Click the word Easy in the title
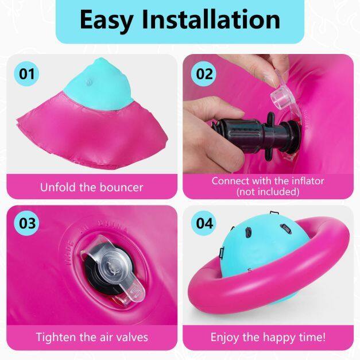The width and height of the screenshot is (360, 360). [106, 21]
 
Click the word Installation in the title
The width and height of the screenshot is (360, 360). [211, 20]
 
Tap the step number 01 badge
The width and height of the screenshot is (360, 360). [26, 74]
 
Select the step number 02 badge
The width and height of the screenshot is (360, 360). [204, 74]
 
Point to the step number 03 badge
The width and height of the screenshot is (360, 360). [27, 223]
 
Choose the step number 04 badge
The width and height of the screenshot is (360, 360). [204, 223]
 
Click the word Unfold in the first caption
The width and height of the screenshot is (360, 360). [59, 187]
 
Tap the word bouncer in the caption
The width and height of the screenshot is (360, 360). [121, 188]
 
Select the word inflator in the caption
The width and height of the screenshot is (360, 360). [308, 181]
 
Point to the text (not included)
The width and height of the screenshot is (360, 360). [268, 191]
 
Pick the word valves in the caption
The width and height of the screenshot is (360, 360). [132, 337]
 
